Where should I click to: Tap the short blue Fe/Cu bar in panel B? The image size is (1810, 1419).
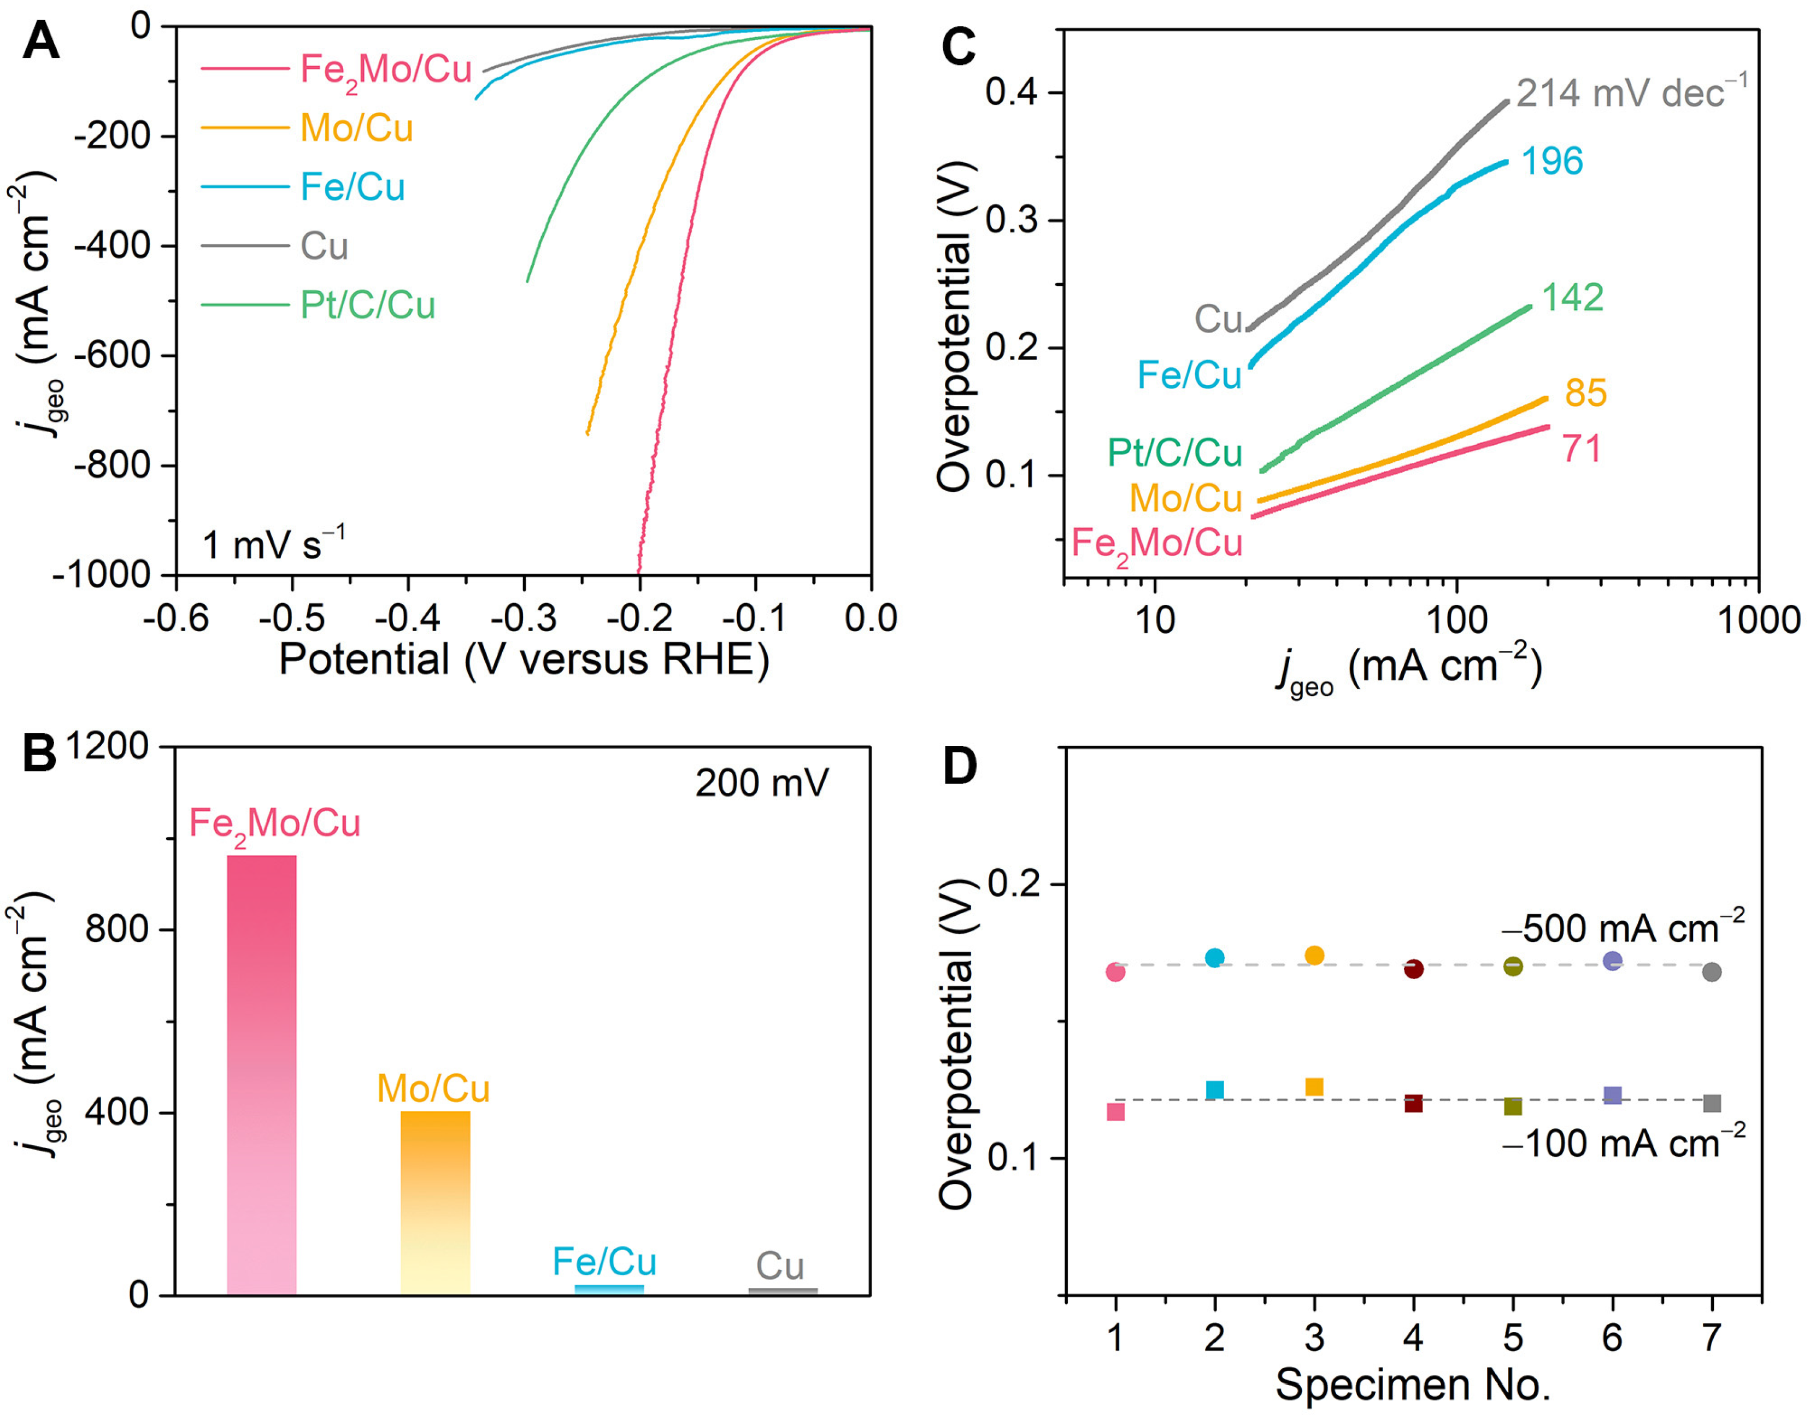click(x=609, y=1290)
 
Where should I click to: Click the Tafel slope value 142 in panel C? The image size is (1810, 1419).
click(x=1572, y=297)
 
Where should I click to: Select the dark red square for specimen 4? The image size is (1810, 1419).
click(x=1414, y=1103)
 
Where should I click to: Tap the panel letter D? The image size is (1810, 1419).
click(x=960, y=766)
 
